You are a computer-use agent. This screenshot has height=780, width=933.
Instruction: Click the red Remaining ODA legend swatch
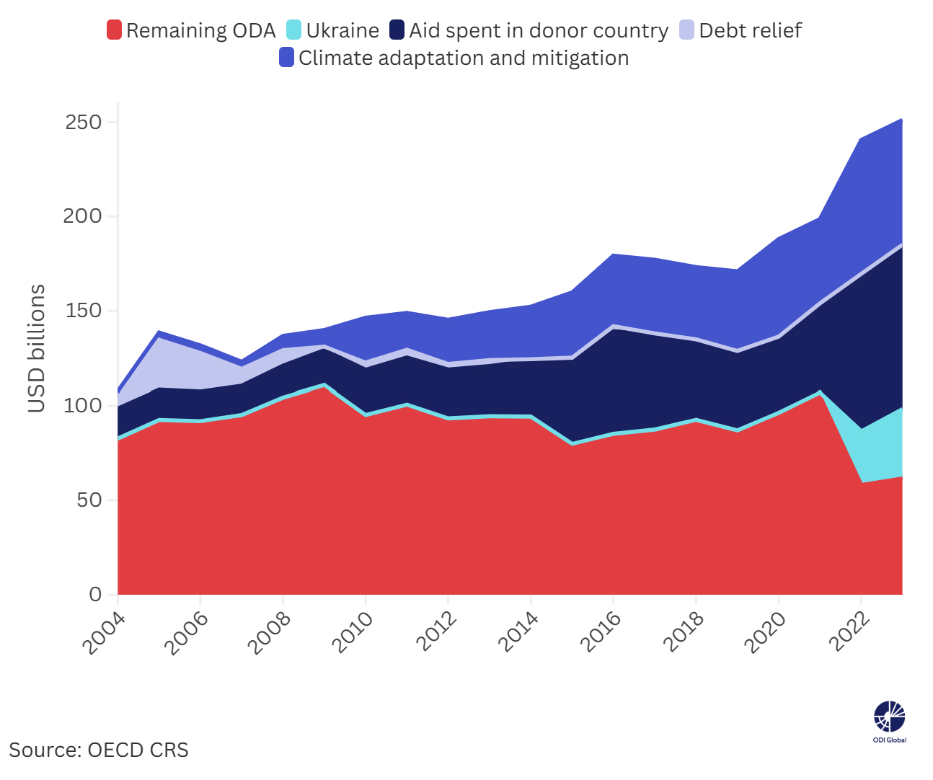114,30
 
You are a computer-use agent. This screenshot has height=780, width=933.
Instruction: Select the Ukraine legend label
342,30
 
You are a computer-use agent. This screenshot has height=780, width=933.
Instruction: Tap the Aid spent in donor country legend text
539,30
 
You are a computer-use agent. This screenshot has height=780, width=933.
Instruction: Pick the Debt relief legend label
750,30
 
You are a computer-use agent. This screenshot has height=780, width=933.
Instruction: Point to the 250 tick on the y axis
84,122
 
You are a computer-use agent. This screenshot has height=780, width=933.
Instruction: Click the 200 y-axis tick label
84,216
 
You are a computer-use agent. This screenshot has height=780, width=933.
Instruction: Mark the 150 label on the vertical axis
84,311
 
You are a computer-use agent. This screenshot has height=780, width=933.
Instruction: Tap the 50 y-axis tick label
89,500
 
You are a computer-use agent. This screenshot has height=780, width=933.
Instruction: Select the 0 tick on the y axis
95,595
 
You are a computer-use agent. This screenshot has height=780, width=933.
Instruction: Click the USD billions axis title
36,349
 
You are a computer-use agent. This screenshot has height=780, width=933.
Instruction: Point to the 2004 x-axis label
105,633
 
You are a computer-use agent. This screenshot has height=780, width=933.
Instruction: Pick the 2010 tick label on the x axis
353,633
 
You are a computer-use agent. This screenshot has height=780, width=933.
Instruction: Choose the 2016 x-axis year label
601,633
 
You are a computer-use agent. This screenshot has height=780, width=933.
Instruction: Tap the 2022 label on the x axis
849,633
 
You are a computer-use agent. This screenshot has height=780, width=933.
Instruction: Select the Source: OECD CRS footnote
99,750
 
